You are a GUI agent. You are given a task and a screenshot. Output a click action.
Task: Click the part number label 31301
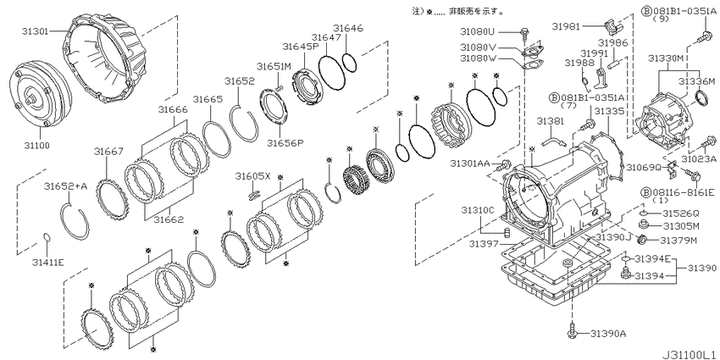[x=35, y=31]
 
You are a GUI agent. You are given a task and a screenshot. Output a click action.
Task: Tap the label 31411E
[x=47, y=263]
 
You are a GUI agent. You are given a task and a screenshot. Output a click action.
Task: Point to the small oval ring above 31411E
[x=46, y=237]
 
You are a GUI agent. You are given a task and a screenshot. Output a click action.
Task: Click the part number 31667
[x=108, y=151]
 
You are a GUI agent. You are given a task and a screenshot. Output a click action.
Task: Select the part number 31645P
[x=301, y=47]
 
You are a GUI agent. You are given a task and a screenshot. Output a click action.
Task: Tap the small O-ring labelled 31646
[x=349, y=62]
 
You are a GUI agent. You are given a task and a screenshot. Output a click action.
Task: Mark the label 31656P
[x=285, y=142]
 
